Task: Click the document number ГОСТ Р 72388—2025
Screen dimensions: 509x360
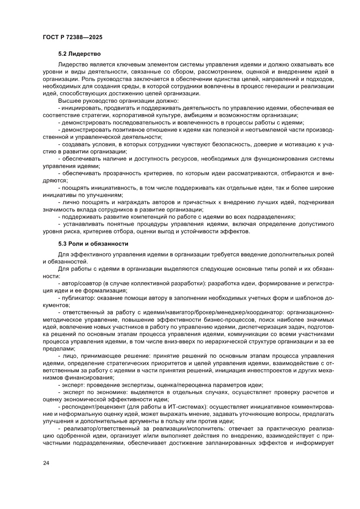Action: (73, 37)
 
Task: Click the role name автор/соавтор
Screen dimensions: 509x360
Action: (77, 283)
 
